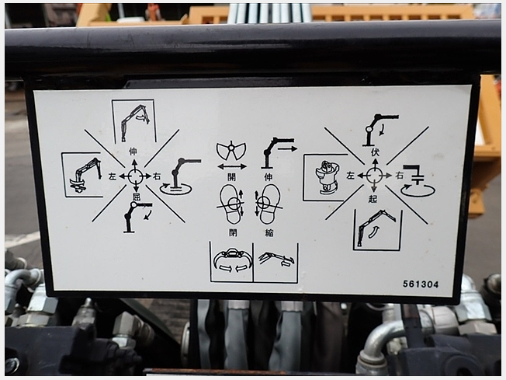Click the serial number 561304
point(421,284)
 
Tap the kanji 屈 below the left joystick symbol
point(136,197)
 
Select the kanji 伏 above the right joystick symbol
point(375,152)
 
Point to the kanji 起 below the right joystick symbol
point(373,198)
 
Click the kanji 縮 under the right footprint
point(269,232)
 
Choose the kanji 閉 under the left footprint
point(233,232)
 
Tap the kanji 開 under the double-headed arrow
point(232,177)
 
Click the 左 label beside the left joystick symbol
point(113,176)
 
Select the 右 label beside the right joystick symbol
point(400,176)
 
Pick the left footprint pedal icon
point(231,204)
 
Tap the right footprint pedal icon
point(269,204)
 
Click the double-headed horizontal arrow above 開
point(232,167)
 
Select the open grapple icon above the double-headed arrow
point(231,151)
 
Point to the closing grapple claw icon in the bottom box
point(232,261)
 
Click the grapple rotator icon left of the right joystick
point(327,178)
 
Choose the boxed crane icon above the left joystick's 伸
point(134,121)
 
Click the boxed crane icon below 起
point(377,229)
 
